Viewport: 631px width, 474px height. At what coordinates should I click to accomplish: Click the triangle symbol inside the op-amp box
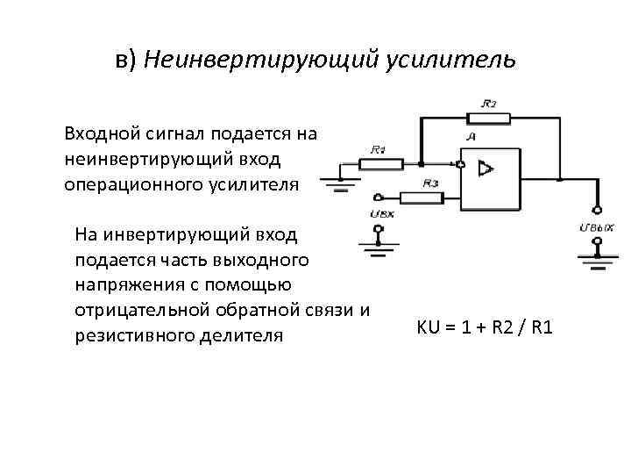tap(483, 169)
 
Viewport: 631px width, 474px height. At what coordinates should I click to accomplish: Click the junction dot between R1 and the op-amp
tap(422, 163)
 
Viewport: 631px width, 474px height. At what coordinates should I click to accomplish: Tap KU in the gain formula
tap(428, 328)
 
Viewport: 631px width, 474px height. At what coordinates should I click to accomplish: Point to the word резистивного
tap(134, 335)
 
